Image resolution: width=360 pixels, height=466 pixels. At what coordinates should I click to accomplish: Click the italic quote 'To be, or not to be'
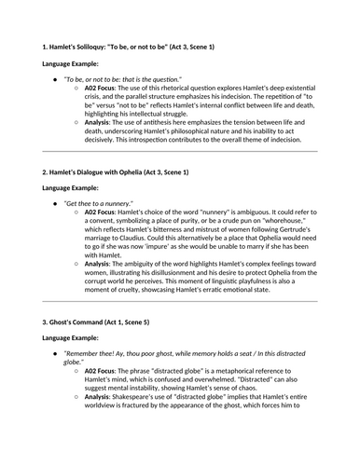[130, 80]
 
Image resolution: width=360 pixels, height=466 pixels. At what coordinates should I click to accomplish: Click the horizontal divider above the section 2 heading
[180, 152]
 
